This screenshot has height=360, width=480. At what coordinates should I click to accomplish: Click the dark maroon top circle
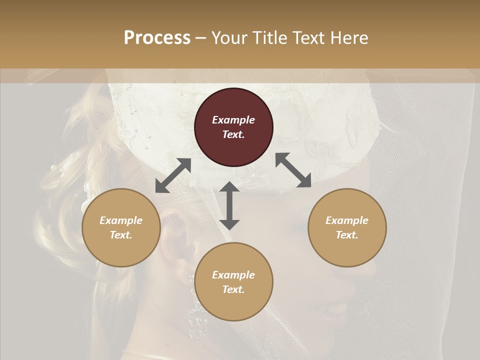coord(233,127)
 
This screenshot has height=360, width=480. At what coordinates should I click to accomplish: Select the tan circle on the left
coord(121,227)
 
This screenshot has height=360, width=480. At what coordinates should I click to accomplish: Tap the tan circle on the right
coord(347,227)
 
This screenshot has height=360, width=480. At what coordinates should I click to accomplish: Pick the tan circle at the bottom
coord(233,281)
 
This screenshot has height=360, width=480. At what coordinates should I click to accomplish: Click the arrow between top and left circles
coord(173,175)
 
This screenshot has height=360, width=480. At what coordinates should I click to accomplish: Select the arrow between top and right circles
coord(293,170)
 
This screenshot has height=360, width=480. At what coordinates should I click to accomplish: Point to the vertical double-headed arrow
coord(229,205)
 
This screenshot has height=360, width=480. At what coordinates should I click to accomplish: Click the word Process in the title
coord(157,38)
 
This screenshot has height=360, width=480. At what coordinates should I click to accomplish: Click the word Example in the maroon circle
coord(233,120)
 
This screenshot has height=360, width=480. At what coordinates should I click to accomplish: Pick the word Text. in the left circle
coord(121,235)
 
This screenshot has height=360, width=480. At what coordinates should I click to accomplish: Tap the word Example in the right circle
coord(347,220)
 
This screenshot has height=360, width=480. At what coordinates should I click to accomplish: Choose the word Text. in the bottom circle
coord(233,289)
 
